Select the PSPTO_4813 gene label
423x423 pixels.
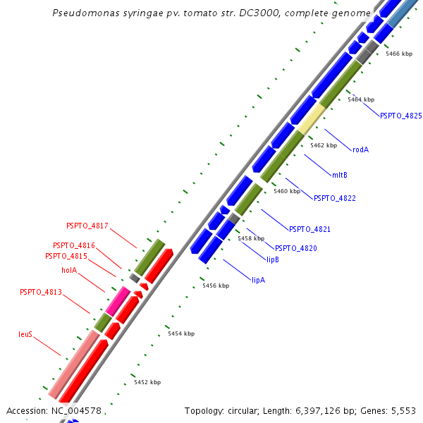coord(41,292)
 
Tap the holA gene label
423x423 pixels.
coord(69,269)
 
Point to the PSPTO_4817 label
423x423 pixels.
coord(87,226)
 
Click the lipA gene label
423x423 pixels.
coord(258,280)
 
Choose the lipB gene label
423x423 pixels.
coord(273,259)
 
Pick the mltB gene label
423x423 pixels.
coord(339,174)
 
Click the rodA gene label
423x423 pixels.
coord(361,149)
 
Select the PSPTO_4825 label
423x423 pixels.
coord(400,116)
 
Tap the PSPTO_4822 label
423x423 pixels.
coord(335,198)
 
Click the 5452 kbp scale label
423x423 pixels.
coord(147,382)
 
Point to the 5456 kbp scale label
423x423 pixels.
coord(216,286)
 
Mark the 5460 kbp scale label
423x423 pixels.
coord(287,191)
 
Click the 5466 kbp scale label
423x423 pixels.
coord(399,54)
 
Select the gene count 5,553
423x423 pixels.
coord(403,410)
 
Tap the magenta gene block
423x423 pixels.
coord(118,301)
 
